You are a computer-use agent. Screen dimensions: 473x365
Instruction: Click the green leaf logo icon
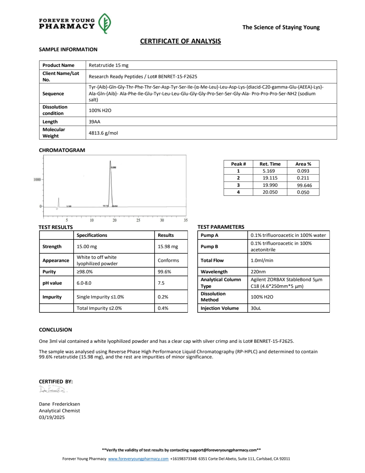(x=105, y=23)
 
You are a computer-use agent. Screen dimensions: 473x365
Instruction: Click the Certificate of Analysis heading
(x=180, y=41)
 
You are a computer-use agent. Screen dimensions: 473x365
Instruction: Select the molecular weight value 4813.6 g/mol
(x=103, y=133)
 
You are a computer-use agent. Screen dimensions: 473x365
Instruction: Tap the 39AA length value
(x=95, y=122)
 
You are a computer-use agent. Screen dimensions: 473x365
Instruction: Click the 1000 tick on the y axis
(x=37, y=179)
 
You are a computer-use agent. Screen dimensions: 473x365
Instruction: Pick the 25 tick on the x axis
(x=138, y=220)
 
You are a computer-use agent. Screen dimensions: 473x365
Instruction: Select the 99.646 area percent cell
(x=304, y=185)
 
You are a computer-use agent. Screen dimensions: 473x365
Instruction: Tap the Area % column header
(x=303, y=164)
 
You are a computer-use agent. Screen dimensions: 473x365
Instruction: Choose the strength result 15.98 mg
(x=168, y=247)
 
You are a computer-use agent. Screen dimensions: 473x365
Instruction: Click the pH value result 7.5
(x=161, y=283)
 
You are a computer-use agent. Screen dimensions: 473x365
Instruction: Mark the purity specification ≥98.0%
(x=85, y=272)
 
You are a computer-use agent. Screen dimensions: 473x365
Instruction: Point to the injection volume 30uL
(x=256, y=308)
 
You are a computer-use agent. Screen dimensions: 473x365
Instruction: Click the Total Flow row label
(x=212, y=260)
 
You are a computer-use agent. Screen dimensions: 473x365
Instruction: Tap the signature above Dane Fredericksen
(x=52, y=389)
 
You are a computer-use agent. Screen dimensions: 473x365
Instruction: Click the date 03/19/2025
(x=52, y=417)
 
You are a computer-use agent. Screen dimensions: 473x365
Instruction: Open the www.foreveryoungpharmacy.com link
(x=138, y=459)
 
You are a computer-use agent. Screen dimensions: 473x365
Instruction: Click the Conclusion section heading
(x=55, y=330)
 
